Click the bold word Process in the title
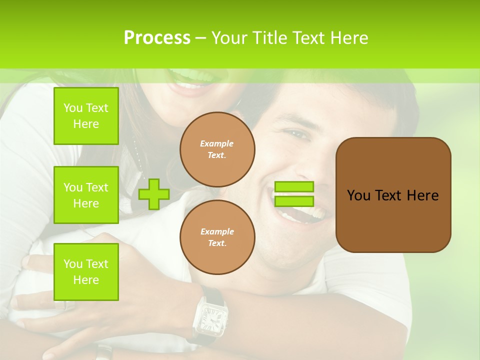[157, 38]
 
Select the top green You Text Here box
[86, 116]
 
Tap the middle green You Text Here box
[86, 195]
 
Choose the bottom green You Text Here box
[86, 272]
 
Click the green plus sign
[154, 194]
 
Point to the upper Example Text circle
[217, 149]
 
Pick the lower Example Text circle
[217, 237]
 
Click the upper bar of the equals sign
[294, 187]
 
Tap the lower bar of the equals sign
[294, 201]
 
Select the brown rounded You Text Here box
[393, 195]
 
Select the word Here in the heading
[348, 38]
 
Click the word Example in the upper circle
[217, 143]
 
